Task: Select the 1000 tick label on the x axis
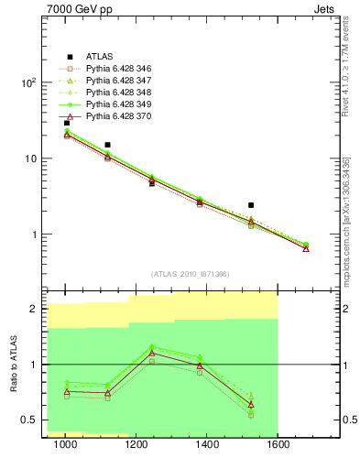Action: tap(65, 445)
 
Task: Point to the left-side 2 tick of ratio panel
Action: tap(33, 310)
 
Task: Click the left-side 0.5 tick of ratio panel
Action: tap(27, 420)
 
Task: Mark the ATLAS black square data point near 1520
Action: tap(251, 205)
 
